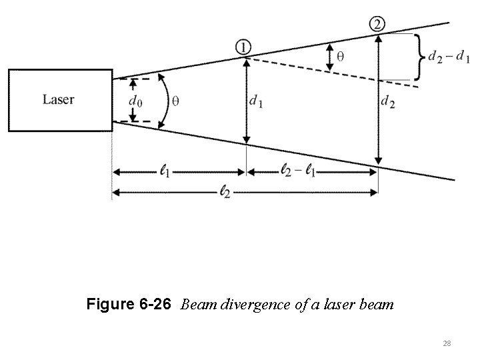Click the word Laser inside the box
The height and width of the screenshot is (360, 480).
(x=59, y=100)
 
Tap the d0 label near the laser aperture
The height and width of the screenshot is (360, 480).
(x=135, y=101)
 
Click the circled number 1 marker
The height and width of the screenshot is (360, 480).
(x=243, y=47)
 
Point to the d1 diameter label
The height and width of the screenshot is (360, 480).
(x=255, y=101)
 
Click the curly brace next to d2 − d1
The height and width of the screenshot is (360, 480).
(x=420, y=57)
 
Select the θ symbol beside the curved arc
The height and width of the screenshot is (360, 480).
(x=175, y=101)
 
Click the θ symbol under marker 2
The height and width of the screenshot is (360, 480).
(x=341, y=57)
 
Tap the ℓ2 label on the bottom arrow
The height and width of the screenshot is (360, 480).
(x=227, y=193)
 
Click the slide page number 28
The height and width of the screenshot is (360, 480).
(x=447, y=343)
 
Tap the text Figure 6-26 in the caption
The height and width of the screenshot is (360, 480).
(x=129, y=305)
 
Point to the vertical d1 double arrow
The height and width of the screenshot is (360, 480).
(x=247, y=100)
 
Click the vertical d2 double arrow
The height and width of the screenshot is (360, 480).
(x=378, y=100)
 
